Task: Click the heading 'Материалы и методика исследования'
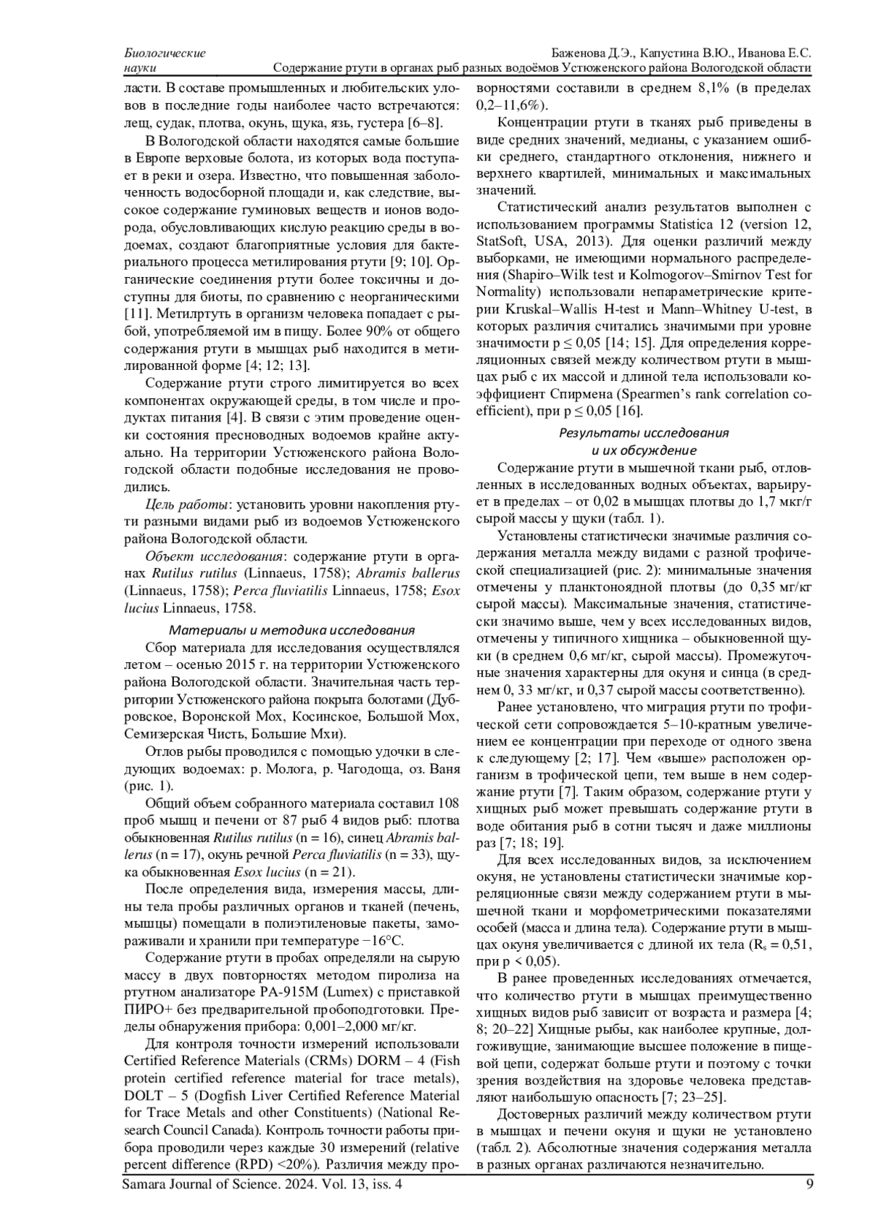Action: tap(291, 629)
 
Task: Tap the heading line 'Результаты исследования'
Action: tap(643, 433)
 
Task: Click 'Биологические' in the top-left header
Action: tap(165, 53)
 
